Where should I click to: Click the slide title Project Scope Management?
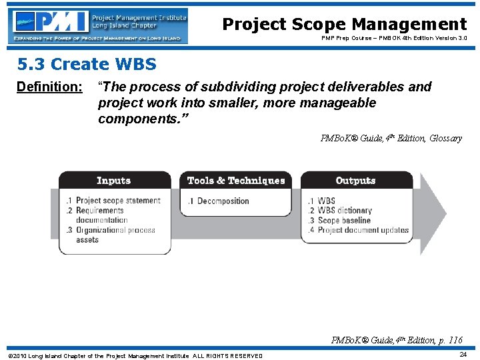(x=344, y=25)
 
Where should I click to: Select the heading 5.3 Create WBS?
(x=87, y=65)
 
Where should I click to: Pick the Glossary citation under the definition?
(x=391, y=139)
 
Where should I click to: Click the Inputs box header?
(x=113, y=181)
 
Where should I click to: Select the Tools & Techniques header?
(x=236, y=181)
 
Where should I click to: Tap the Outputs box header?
(x=355, y=181)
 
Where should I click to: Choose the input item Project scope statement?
(x=117, y=201)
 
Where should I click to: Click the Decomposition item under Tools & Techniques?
(x=223, y=201)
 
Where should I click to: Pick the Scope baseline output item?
(x=343, y=221)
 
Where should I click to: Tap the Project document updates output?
(x=362, y=230)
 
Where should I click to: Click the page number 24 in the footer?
(x=463, y=355)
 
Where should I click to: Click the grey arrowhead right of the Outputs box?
(x=431, y=213)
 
